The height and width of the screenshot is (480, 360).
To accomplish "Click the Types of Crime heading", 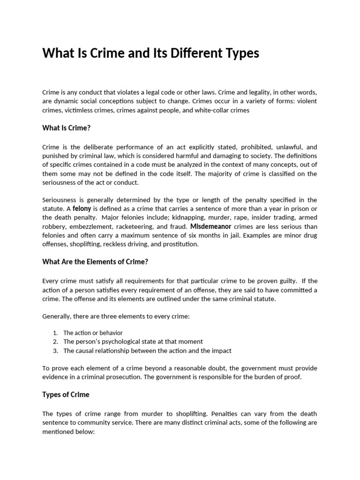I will [x=66, y=395].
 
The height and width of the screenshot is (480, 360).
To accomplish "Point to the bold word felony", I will [x=82, y=209].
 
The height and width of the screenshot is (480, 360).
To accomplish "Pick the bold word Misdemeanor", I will [x=210, y=226].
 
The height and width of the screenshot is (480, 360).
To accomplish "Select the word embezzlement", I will [x=87, y=226].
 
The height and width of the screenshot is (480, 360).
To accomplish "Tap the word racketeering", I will [x=132, y=226].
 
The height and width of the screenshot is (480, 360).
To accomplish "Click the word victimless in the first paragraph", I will [x=79, y=110].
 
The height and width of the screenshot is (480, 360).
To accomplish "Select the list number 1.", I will [x=55, y=333].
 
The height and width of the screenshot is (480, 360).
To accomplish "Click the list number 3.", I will [x=55, y=351].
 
